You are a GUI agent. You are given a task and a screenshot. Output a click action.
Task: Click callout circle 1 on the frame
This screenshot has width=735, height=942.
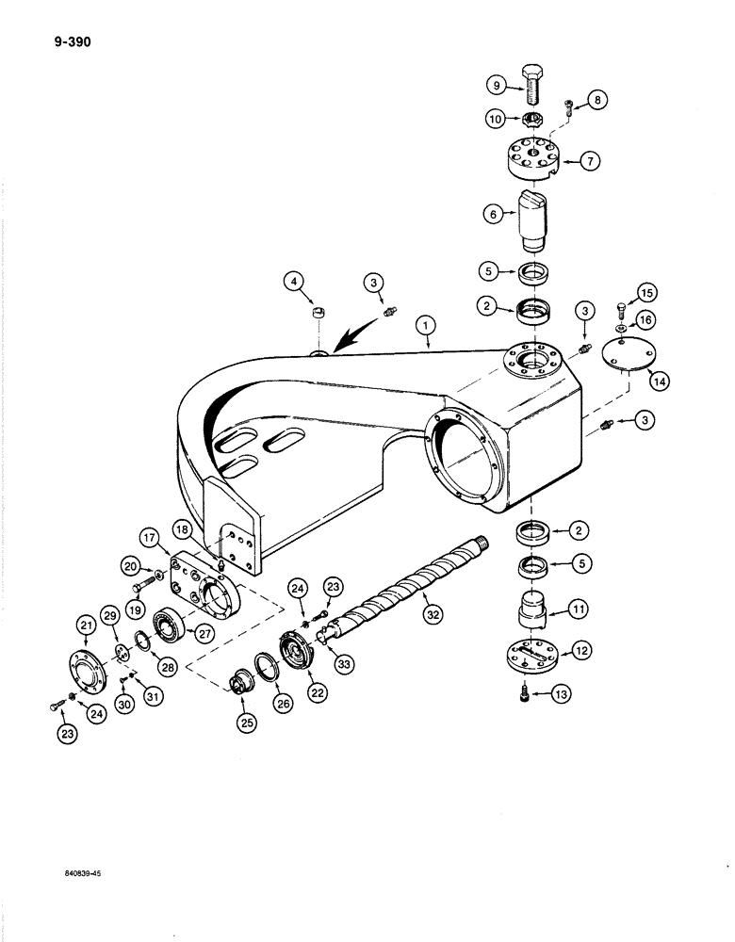pyautogui.click(x=427, y=326)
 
